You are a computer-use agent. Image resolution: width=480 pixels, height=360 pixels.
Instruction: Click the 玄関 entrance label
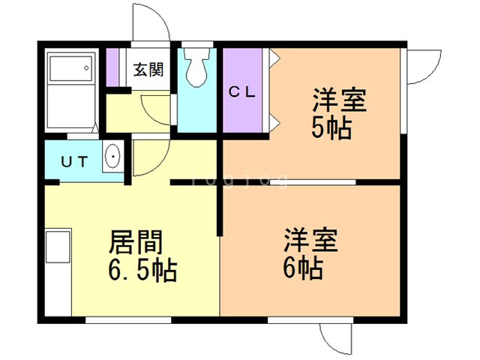tap(148, 70)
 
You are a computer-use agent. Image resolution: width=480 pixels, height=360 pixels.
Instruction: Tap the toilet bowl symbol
tap(196, 67)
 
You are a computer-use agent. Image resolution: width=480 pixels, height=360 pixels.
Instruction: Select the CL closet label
tap(241, 91)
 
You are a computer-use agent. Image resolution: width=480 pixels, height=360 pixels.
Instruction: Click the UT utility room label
tap(74, 162)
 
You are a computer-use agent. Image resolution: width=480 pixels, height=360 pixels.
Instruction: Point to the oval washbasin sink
tap(112, 156)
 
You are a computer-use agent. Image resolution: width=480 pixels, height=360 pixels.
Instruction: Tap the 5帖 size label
tap(331, 128)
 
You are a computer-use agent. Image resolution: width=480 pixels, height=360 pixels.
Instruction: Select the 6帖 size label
tap(303, 268)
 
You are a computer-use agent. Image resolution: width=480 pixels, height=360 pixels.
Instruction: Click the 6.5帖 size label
tap(142, 270)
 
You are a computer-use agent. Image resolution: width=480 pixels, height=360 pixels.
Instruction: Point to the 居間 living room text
tap(136, 241)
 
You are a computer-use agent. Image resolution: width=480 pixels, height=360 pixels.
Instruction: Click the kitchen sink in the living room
tap(58, 247)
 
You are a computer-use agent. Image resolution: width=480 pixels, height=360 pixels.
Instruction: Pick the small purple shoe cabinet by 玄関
tap(112, 67)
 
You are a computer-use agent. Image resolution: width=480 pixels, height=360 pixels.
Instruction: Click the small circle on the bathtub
tap(87, 68)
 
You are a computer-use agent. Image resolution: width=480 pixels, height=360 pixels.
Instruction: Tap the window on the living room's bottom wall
tap(128, 320)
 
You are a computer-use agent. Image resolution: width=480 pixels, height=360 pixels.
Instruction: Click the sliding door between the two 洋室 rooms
tap(313, 182)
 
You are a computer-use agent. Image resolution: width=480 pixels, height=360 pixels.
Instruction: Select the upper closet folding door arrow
tap(275, 57)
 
